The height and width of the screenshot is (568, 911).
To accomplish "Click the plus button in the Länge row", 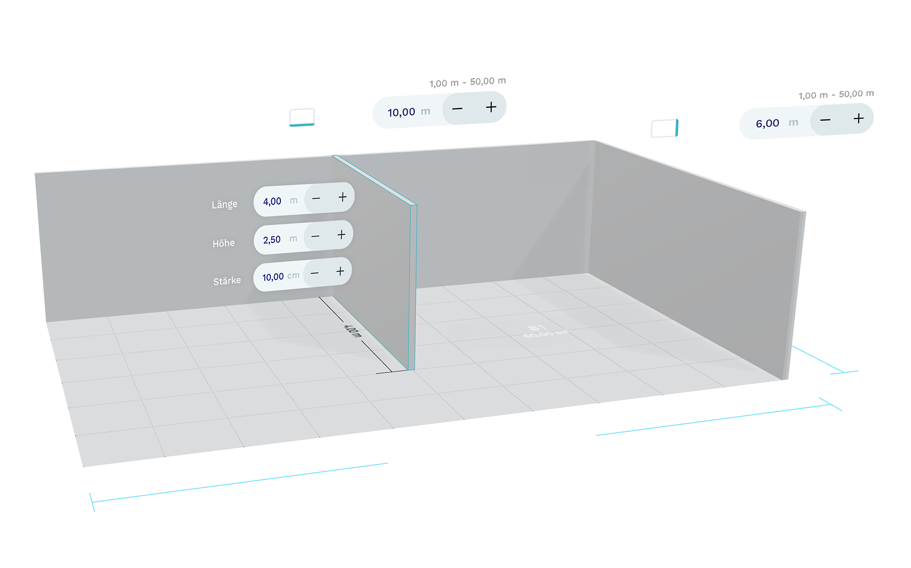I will point(343,197).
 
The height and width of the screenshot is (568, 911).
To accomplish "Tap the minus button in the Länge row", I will point(316,198).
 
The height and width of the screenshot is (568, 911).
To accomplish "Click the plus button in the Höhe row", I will point(341,235).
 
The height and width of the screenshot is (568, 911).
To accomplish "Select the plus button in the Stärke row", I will point(340,271).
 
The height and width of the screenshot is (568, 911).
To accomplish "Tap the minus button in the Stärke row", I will point(315,273).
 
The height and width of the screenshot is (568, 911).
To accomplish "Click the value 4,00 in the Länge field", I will point(272,202).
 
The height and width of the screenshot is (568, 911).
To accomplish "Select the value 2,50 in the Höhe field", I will point(272,240).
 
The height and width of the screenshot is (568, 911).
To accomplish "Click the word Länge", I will point(224,204).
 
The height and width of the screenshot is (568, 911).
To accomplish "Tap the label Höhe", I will point(223,243).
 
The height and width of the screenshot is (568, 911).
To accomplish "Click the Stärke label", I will point(227,281).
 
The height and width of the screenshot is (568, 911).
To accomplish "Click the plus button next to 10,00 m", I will point(491,107).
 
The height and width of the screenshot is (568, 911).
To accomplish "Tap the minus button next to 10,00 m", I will point(457,109).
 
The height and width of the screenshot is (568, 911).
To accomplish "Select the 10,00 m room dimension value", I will point(401,112).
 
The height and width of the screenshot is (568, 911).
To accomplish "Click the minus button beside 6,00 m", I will point(825,120).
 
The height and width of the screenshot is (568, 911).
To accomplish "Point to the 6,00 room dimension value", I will point(767,124).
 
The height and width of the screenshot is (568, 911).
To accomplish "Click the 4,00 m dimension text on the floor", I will point(352,330).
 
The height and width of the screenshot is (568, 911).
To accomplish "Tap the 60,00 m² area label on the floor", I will point(545,334).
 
